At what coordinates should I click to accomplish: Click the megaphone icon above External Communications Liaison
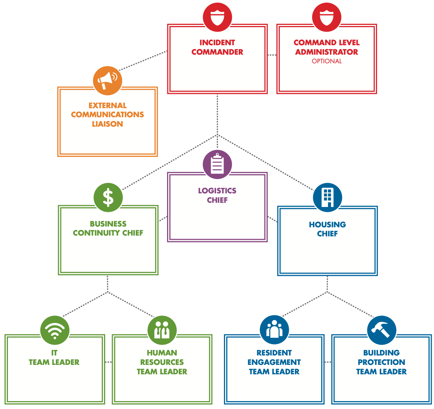coord(107,80)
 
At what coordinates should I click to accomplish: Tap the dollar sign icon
coord(108,198)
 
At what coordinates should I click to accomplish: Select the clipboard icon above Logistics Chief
coord(217,164)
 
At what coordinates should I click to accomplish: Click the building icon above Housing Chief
coord(327,198)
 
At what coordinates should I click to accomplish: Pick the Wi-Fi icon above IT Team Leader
coord(55,330)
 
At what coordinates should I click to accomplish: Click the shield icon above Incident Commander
coord(217,17)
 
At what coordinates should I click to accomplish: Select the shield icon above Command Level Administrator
coord(327,17)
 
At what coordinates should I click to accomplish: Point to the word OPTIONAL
coord(327,61)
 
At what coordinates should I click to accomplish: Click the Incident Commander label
coord(217,47)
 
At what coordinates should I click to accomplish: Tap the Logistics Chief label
coord(217,195)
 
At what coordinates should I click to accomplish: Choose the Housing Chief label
coord(327,229)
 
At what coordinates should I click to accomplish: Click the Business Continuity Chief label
coord(108,228)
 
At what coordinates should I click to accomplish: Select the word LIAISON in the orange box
coord(107,124)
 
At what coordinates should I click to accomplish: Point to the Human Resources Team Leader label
coord(162,362)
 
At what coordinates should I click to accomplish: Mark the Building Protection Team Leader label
coord(381,362)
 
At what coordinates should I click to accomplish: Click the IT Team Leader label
coord(54,358)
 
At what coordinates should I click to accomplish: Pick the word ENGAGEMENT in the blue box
coord(274,362)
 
